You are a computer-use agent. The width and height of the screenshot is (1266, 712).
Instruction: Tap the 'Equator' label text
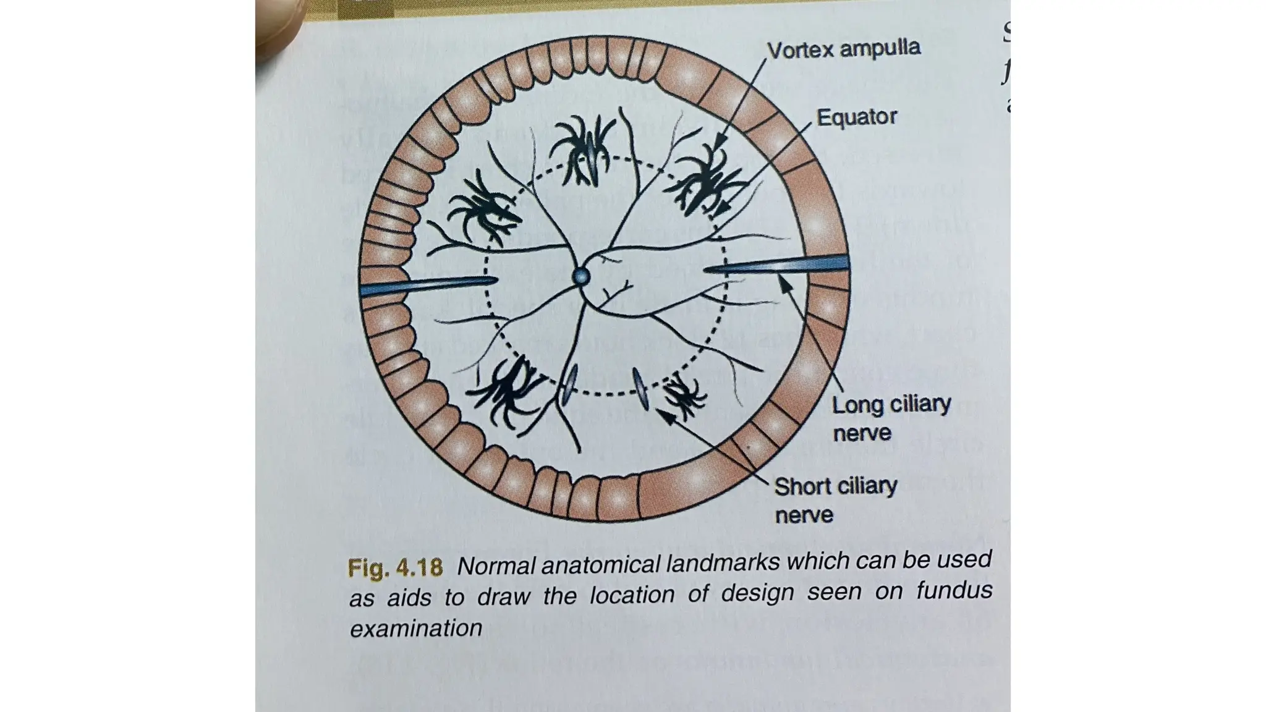point(856,117)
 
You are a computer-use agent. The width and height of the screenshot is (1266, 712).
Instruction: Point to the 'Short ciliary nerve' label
point(835,500)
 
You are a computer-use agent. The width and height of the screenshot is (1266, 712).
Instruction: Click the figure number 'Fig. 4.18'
point(395,567)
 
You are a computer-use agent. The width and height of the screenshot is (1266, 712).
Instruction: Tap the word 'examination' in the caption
point(416,629)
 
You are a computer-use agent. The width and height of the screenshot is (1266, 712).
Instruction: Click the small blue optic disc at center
point(581,276)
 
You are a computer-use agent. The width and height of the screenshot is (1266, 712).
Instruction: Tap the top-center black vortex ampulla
point(583,151)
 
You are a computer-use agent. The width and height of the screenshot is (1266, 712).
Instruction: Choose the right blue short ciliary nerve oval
point(641,388)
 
